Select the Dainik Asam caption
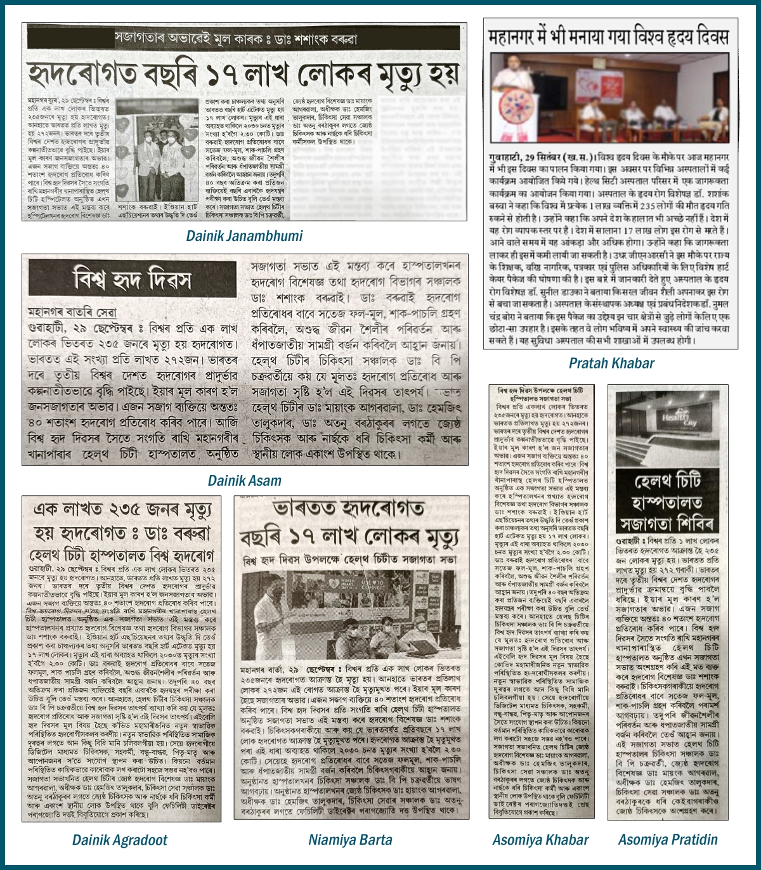point(244,481)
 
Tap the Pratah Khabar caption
point(611,363)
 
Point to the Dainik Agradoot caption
point(119,840)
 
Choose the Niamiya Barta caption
point(350,840)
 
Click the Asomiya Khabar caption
point(540,840)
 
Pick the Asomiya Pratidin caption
point(668,840)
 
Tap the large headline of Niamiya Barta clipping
point(349,524)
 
